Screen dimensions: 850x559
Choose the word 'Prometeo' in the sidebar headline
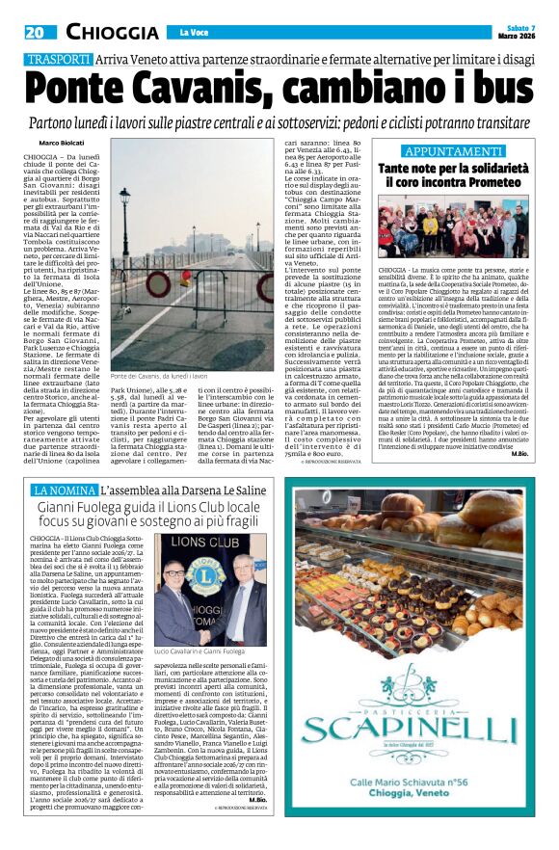tap(483, 181)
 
